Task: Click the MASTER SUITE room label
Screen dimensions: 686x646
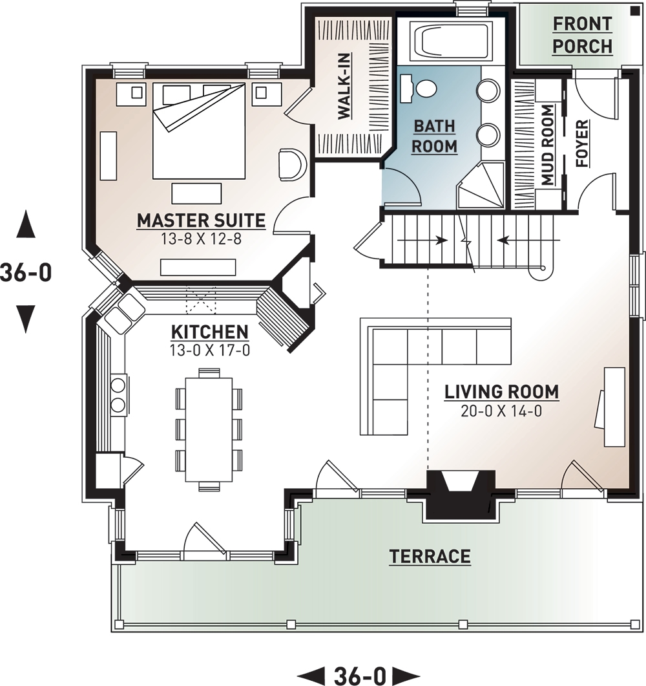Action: pyautogui.click(x=201, y=220)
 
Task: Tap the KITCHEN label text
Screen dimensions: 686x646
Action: pyautogui.click(x=209, y=332)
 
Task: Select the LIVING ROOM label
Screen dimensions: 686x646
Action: pyautogui.click(x=501, y=392)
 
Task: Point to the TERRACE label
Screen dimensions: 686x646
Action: pyautogui.click(x=430, y=556)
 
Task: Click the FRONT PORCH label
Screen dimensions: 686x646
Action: pyautogui.click(x=583, y=35)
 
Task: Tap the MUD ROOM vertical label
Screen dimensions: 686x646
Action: pyautogui.click(x=548, y=145)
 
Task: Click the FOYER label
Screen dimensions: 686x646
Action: pyautogui.click(x=582, y=144)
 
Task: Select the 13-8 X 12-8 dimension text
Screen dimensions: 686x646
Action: pyautogui.click(x=200, y=239)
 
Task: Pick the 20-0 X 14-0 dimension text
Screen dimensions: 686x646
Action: pyautogui.click(x=501, y=410)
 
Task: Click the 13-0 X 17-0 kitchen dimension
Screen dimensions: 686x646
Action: pyautogui.click(x=209, y=350)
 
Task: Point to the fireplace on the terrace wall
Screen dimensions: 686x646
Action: pyautogui.click(x=461, y=495)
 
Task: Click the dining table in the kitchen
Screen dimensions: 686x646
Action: pyautogui.click(x=209, y=428)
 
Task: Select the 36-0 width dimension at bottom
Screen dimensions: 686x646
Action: pyautogui.click(x=360, y=676)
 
